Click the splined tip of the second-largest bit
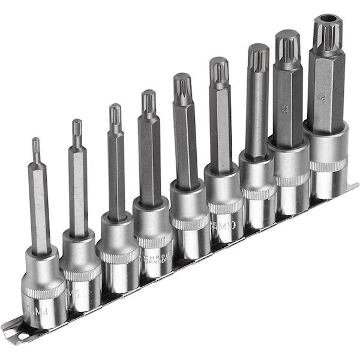coord(287,46)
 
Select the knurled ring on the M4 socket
coord(44,293)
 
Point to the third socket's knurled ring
coord(116,254)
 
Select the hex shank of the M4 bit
coord(40,210)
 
